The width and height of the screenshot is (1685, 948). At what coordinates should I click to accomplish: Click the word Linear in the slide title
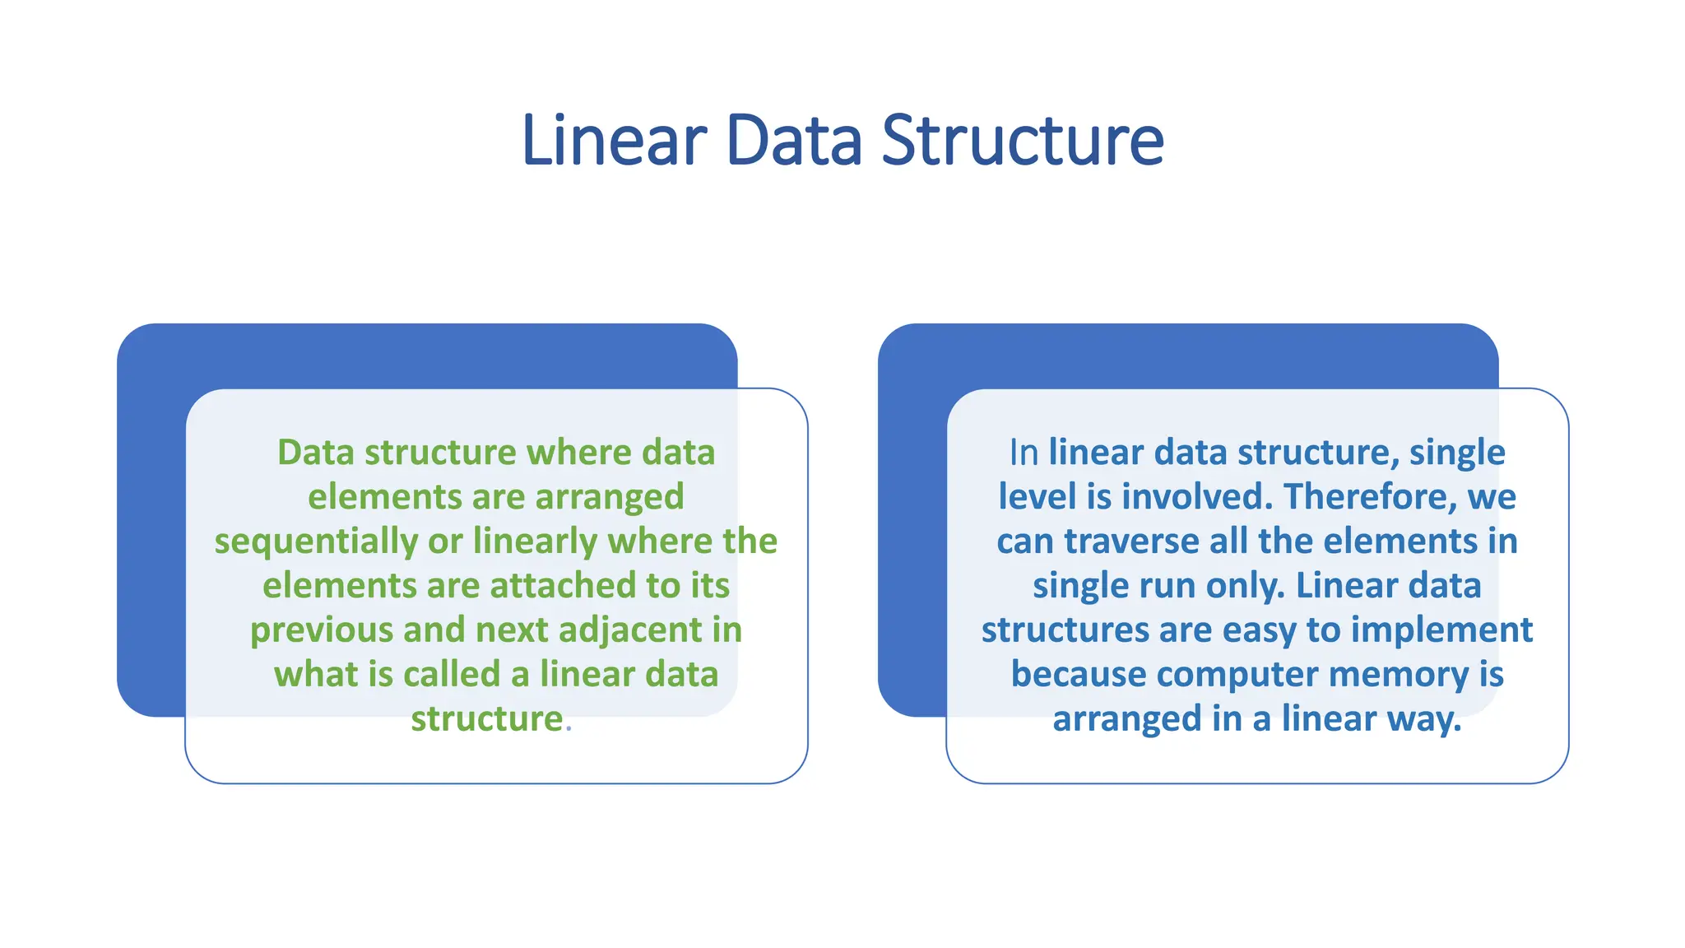[x=614, y=141]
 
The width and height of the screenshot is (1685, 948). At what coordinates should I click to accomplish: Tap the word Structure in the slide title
[x=1023, y=141]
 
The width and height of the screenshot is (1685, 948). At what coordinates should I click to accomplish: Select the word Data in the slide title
[x=794, y=141]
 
